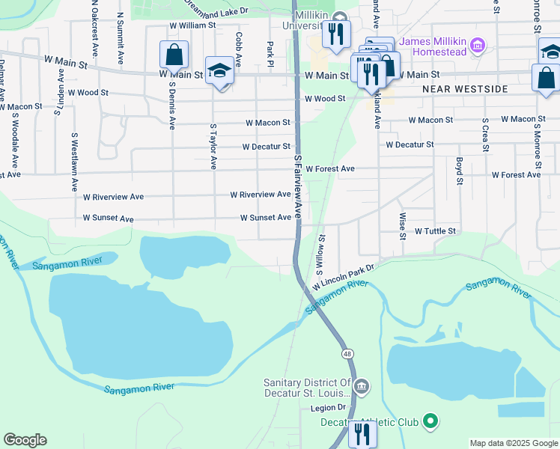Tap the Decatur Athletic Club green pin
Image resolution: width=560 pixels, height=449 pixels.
pyautogui.click(x=430, y=421)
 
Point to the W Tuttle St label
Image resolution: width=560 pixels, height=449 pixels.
pyautogui.click(x=435, y=232)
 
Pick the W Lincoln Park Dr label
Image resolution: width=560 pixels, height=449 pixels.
pyautogui.click(x=342, y=276)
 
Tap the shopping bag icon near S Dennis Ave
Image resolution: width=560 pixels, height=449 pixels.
pyautogui.click(x=174, y=55)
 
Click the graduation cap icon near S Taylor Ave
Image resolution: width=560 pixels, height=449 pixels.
pyautogui.click(x=219, y=71)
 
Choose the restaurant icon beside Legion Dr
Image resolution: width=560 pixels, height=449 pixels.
pyautogui.click(x=362, y=434)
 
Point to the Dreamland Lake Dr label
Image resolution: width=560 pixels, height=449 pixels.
pyautogui.click(x=216, y=8)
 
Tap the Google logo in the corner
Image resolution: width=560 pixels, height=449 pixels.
pyautogui.click(x=25, y=439)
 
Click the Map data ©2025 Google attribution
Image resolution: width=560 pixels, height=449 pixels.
pyautogui.click(x=514, y=443)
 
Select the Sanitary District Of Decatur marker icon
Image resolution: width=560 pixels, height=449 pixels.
pyautogui.click(x=361, y=387)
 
